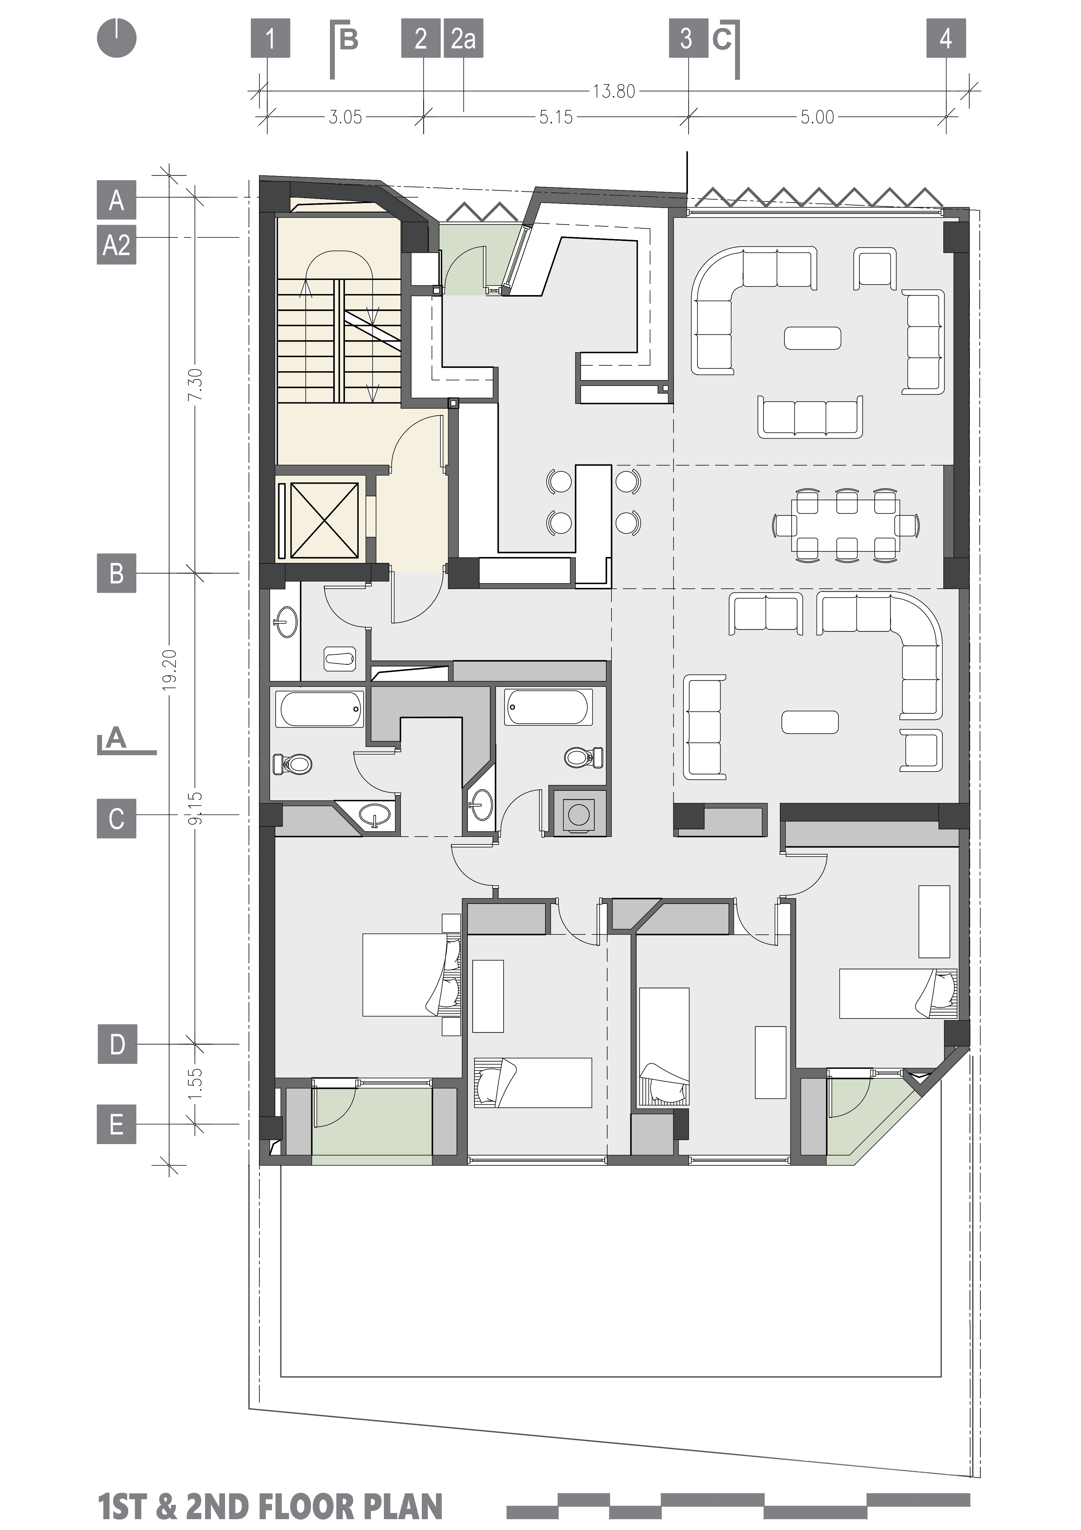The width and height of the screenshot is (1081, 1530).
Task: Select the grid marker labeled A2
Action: point(116,246)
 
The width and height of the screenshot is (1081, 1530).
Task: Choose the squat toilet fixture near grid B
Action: point(340,659)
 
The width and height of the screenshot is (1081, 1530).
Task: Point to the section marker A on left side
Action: point(116,739)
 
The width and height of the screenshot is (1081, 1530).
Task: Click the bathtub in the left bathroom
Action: point(320,709)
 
